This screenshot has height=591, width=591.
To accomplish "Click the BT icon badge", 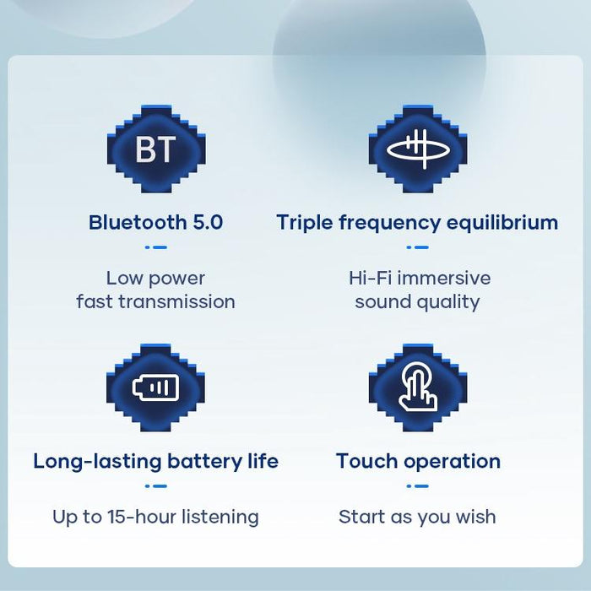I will point(156,149).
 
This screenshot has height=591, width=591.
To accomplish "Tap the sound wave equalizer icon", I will point(418,149).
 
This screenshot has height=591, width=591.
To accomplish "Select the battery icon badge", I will point(156,388).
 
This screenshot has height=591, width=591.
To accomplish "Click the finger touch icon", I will point(418,388).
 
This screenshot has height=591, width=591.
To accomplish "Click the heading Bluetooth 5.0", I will point(156,223).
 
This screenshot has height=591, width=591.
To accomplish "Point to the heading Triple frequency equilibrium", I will point(417,223).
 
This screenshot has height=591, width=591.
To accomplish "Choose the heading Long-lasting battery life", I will point(156,462).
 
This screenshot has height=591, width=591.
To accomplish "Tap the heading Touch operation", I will point(418,462).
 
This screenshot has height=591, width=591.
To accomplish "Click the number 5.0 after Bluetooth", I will point(208,223).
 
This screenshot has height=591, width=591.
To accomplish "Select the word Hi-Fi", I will point(369,278).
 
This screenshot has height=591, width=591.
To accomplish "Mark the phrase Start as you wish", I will point(417,517).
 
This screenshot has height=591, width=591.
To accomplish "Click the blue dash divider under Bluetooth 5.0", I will point(156,247).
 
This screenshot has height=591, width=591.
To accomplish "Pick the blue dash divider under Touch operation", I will point(418,486).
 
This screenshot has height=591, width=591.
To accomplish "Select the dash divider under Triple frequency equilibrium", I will point(418,247).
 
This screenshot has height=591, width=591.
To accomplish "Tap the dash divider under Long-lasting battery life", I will point(156,486).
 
